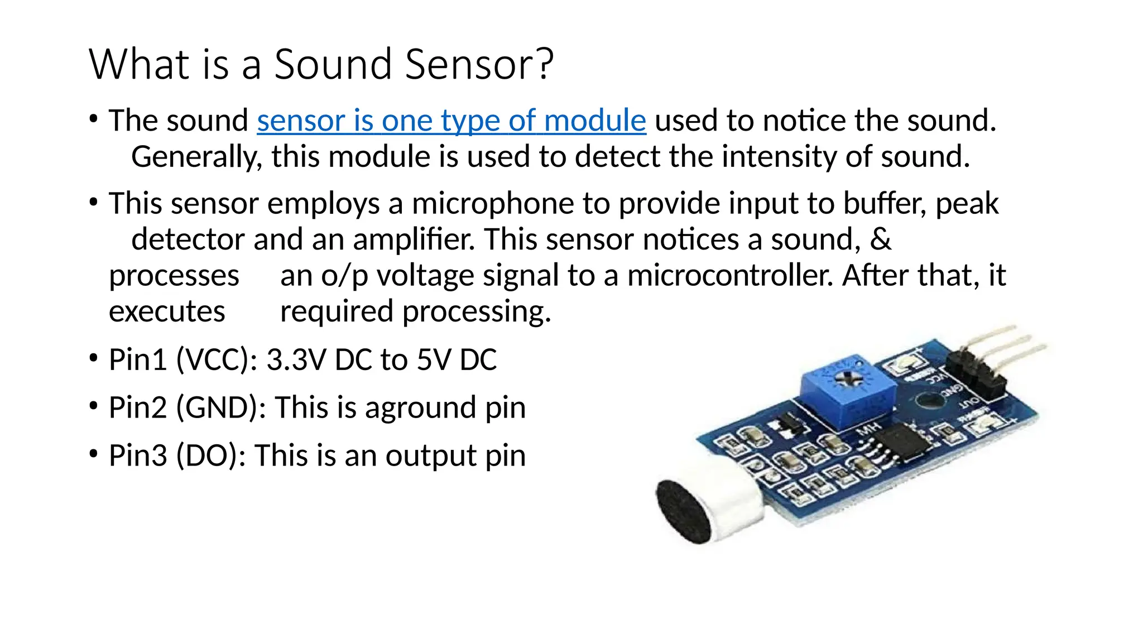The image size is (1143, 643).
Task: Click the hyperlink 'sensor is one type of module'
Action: point(451,121)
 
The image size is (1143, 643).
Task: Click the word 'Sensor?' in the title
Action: point(479,65)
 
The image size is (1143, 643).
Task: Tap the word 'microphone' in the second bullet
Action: point(492,204)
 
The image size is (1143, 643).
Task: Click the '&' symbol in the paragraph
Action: point(881,239)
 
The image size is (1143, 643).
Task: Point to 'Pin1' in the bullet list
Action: point(137,360)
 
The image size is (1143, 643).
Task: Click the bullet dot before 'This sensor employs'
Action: point(94,203)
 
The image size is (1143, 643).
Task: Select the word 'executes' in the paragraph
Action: point(167,312)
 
